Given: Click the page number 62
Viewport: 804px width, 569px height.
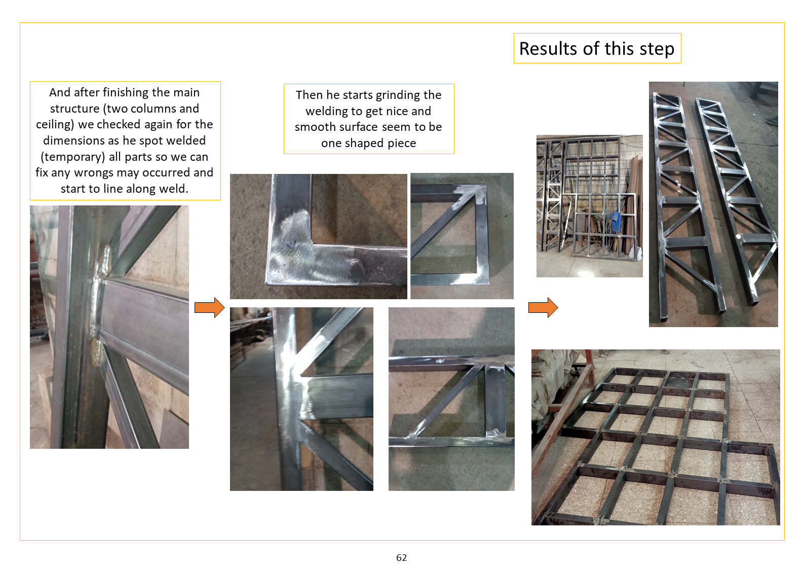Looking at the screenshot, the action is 401,557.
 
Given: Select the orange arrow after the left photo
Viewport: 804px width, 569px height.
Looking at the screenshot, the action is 210,307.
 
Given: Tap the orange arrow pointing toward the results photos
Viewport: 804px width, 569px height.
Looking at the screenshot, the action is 543,307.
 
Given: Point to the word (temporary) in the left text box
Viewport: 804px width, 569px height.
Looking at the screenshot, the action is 73,157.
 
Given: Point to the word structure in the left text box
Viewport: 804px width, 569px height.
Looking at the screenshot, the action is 74,109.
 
